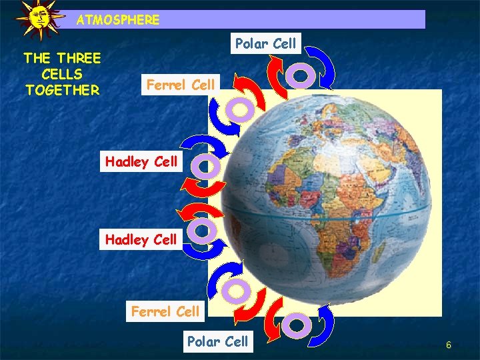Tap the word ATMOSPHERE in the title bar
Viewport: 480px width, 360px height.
[118, 20]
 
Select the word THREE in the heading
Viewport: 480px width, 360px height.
[78, 58]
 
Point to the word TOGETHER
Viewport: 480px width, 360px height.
[62, 89]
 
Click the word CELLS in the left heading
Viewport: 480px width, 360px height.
[62, 73]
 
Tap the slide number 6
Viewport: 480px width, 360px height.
[449, 345]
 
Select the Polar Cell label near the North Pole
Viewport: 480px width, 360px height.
[265, 44]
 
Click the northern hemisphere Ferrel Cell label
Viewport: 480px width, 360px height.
[181, 85]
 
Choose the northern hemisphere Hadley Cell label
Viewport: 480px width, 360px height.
[141, 161]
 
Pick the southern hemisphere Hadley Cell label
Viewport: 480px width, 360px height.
[141, 239]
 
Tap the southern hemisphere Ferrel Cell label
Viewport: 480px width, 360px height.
[165, 311]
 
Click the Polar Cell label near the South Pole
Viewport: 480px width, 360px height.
[217, 341]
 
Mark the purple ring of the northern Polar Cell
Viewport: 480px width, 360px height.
[301, 75]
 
